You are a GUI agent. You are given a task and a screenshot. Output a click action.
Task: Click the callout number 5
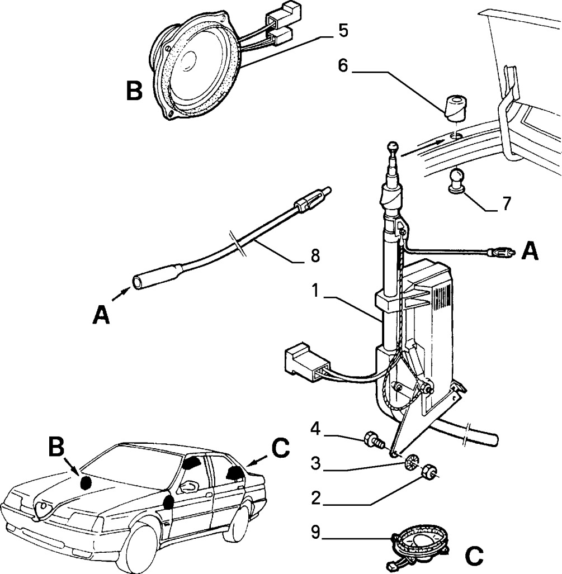pyautogui.click(x=343, y=30)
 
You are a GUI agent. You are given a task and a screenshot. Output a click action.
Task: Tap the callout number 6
pyautogui.click(x=342, y=65)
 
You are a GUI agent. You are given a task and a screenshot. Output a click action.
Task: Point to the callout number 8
pyautogui.click(x=315, y=255)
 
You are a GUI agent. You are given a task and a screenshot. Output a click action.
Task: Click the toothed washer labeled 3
pyautogui.click(x=412, y=462)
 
